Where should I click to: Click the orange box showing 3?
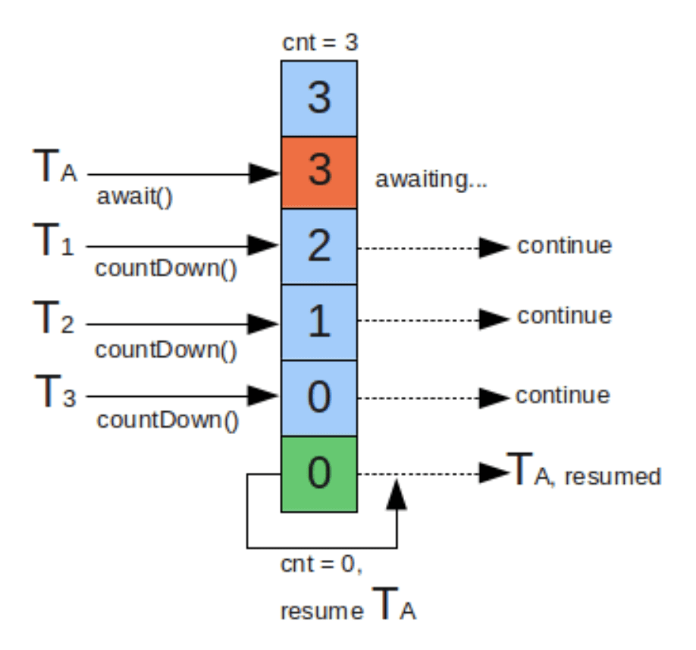coord(319,173)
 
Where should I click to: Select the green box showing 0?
coord(319,474)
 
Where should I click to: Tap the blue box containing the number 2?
coord(319,246)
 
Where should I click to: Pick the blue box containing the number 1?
coord(319,322)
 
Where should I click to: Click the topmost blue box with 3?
coord(319,98)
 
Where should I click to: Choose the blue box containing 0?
coord(319,398)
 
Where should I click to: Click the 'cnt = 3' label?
coord(320,42)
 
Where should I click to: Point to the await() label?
coord(134,196)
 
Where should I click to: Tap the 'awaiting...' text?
coord(431,180)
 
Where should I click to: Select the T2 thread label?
coord(54,317)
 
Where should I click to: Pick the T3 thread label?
coord(55,391)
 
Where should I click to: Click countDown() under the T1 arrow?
coord(166,269)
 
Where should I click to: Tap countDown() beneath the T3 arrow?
coord(168,420)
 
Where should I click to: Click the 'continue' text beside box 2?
coord(565,245)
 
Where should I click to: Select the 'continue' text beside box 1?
coord(565,316)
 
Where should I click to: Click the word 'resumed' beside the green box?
coord(613,477)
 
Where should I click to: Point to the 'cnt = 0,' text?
coord(321,564)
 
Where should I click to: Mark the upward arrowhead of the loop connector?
coord(397,495)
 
